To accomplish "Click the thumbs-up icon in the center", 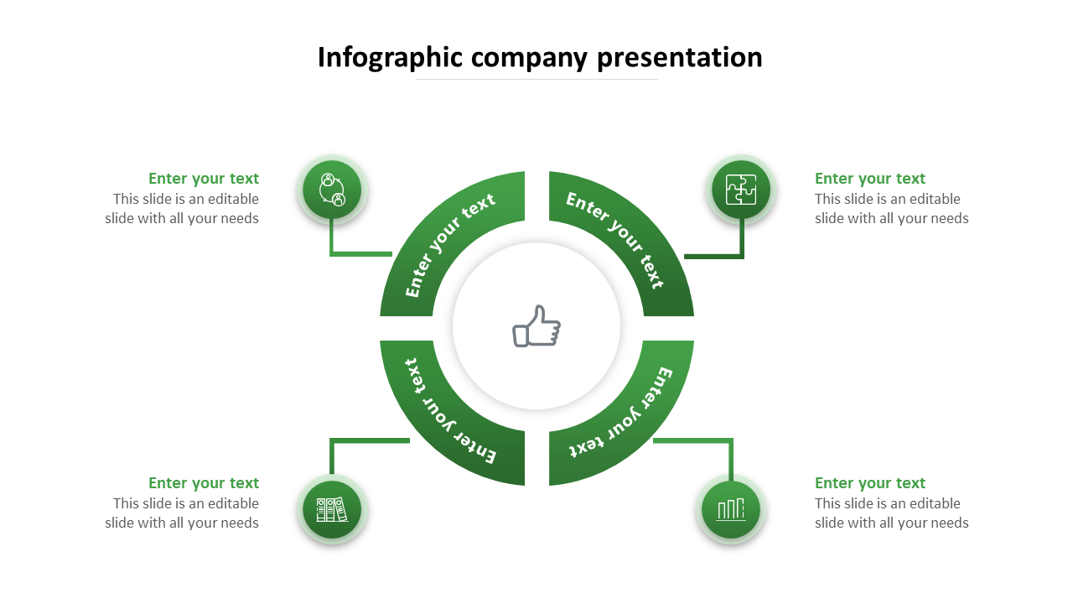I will [536, 325].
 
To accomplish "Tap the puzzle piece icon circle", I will [741, 190].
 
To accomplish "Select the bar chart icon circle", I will [731, 508].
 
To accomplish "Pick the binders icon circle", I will [332, 509].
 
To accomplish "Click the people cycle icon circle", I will [332, 190].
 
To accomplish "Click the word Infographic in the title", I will [390, 57].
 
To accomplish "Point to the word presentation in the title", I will [680, 57].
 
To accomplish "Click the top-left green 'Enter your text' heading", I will [204, 179].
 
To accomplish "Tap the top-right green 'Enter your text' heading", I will [870, 179].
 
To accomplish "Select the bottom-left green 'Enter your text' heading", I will [204, 483].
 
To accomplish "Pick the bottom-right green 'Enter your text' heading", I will [870, 483].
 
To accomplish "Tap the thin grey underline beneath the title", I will [536, 80].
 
